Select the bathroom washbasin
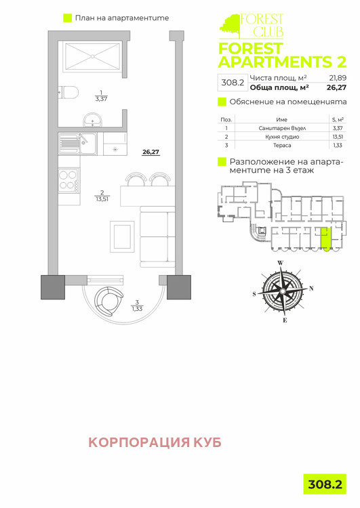[92, 121]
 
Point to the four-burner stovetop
[68, 181]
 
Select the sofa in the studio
[157, 238]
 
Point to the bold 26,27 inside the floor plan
[150, 152]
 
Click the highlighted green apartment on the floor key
[325, 239]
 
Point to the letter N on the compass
[311, 288]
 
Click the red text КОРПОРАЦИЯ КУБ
[155, 442]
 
